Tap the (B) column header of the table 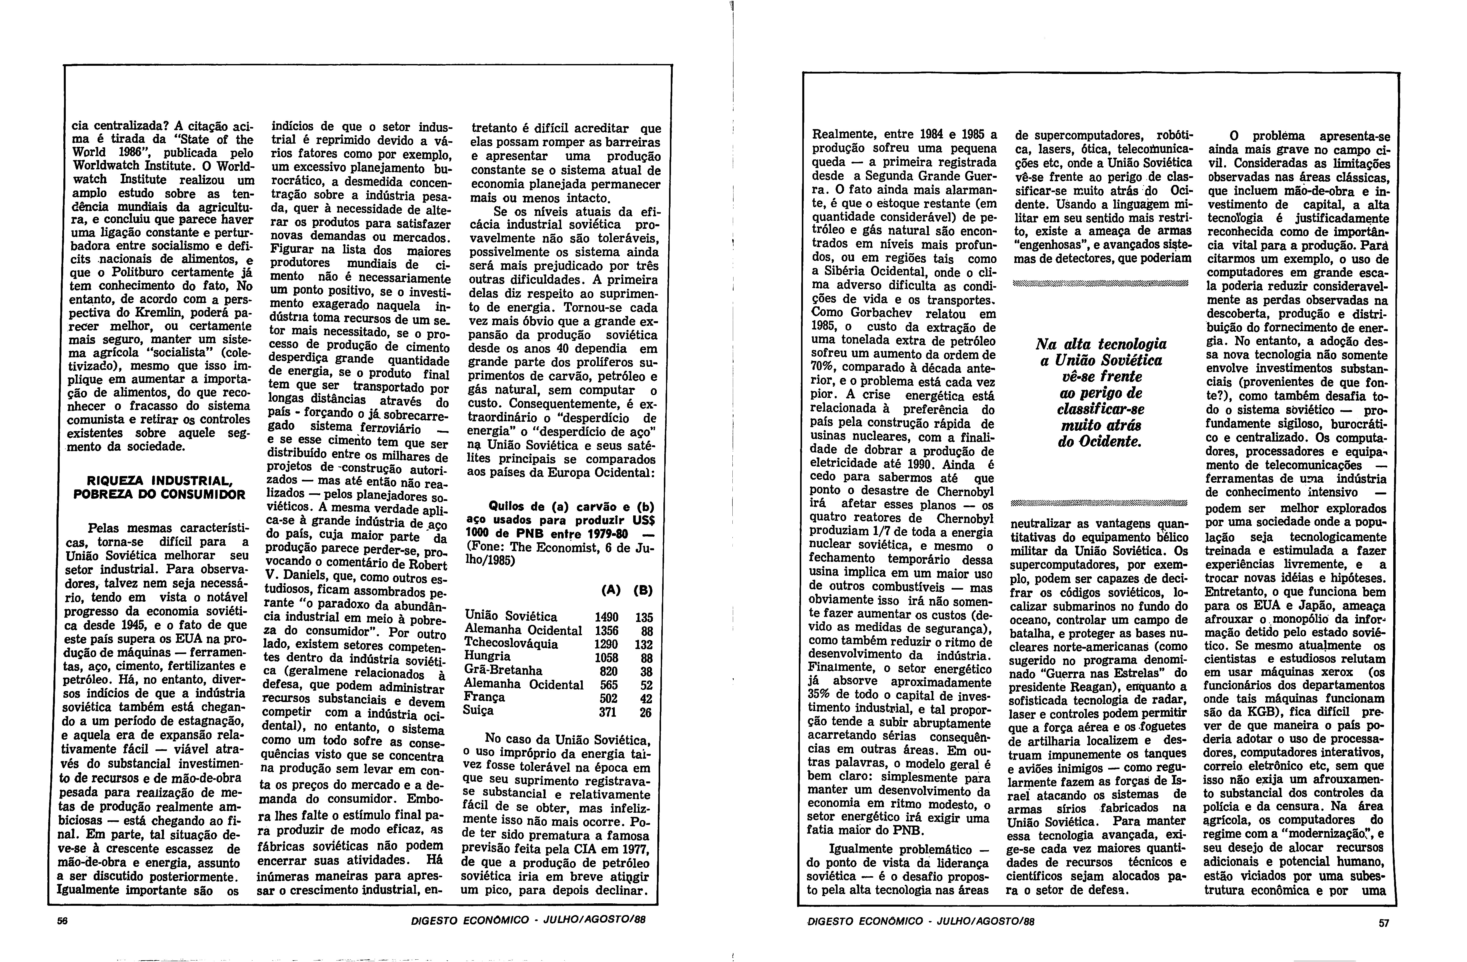[x=643, y=590]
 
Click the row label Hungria [x=488, y=657]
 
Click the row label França [x=485, y=697]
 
